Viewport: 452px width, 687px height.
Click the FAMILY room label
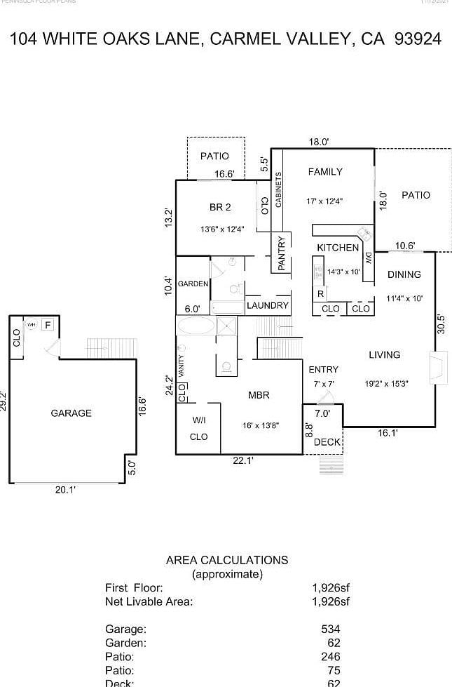(325, 172)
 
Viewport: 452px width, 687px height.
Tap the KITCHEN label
(338, 248)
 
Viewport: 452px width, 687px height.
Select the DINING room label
(404, 275)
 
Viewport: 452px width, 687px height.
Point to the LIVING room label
(384, 355)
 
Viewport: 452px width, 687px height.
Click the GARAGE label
(71, 413)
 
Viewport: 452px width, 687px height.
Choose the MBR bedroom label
(259, 396)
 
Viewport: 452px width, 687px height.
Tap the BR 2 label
(220, 207)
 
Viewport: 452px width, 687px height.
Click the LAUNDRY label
(267, 306)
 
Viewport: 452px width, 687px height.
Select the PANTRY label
(282, 253)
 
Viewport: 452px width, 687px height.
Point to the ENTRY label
(323, 370)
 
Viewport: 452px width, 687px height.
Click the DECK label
(327, 442)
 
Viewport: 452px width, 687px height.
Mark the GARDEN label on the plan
(193, 284)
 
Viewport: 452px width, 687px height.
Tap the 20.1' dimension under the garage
(65, 491)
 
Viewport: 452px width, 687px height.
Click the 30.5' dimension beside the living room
(441, 324)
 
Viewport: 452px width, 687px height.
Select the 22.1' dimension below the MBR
(243, 461)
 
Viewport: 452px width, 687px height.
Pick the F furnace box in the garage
(48, 325)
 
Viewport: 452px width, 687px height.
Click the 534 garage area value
(330, 629)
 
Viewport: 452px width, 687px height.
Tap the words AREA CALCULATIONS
(226, 560)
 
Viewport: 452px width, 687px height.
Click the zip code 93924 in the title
(418, 39)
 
